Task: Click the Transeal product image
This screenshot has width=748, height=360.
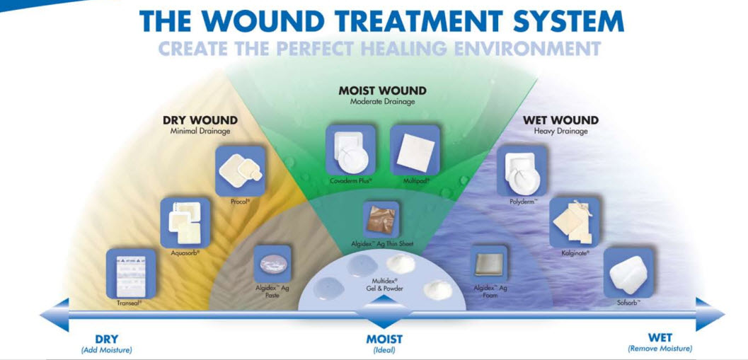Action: click(x=130, y=274)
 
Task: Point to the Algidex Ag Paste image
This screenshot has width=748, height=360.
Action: click(x=272, y=262)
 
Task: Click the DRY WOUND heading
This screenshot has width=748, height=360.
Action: click(x=200, y=120)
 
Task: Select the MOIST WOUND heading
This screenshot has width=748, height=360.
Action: click(x=382, y=91)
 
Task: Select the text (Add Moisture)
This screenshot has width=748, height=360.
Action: click(x=106, y=349)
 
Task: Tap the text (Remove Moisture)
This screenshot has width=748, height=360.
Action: click(x=660, y=349)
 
